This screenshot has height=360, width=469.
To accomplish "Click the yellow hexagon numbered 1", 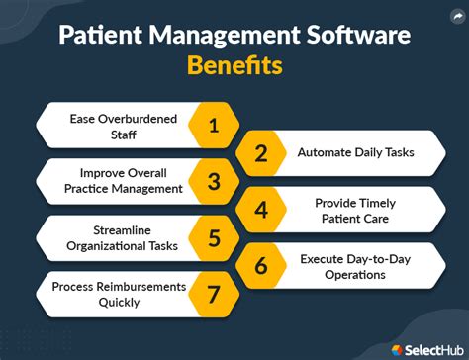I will pyautogui.click(x=213, y=125).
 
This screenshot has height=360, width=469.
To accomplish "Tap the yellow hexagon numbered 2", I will pyautogui.click(x=261, y=153).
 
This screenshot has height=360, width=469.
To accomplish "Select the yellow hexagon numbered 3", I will pyautogui.click(x=213, y=181).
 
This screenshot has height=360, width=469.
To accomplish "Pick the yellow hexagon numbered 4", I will pyautogui.click(x=261, y=210).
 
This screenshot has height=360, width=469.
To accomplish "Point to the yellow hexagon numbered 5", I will pyautogui.click(x=213, y=237).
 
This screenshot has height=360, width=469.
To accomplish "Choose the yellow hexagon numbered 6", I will pyautogui.click(x=261, y=266).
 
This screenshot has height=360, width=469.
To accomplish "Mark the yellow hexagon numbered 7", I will pyautogui.click(x=213, y=294).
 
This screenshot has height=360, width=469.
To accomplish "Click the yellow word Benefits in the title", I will pyautogui.click(x=234, y=65).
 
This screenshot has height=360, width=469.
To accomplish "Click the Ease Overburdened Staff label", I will pyautogui.click(x=124, y=125).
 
